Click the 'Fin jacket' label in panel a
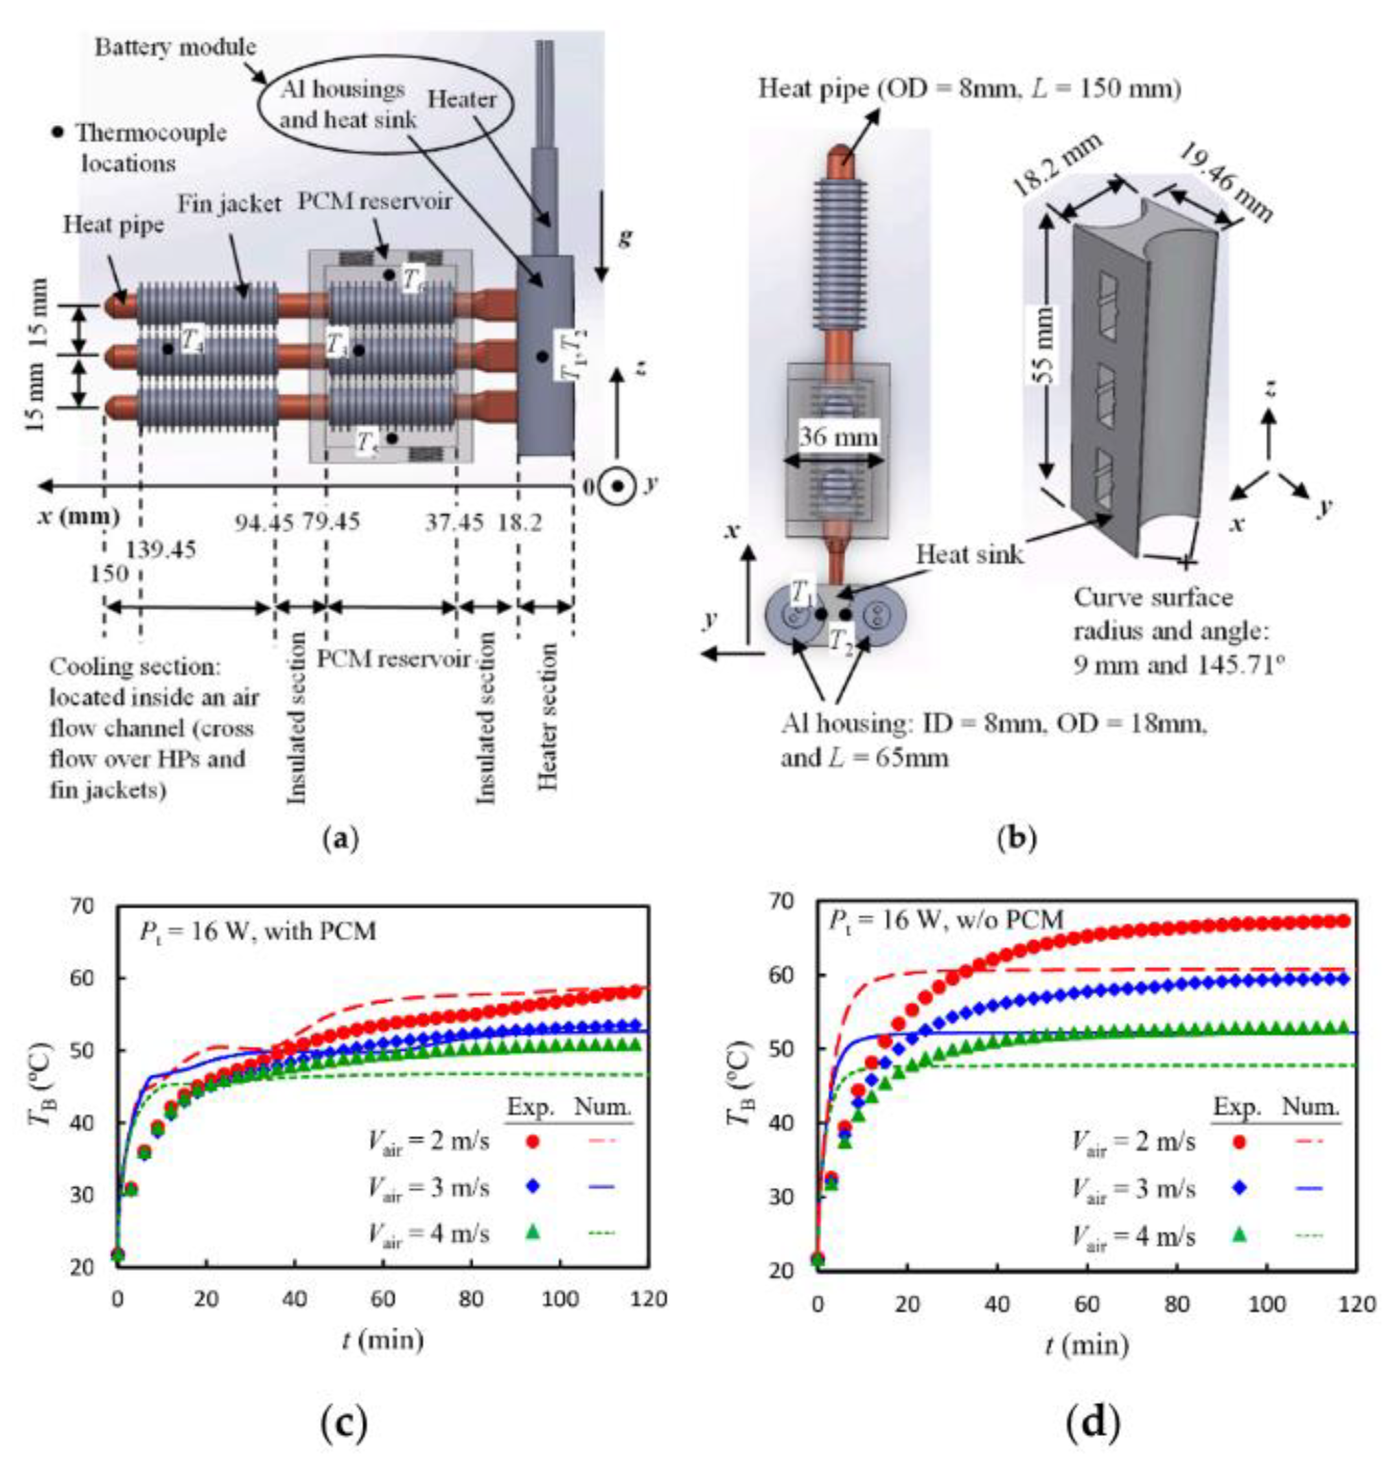pyautogui.click(x=229, y=203)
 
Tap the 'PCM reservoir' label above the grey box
pyautogui.click(x=375, y=201)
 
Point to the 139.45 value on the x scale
pyautogui.click(x=161, y=550)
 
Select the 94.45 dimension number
pyautogui.click(x=264, y=523)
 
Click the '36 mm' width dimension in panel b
pyautogui.click(x=838, y=436)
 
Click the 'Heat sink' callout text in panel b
pyautogui.click(x=969, y=554)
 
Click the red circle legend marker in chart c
pyautogui.click(x=532, y=1141)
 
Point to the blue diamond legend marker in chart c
pyautogui.click(x=532, y=1187)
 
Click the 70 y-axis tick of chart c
pyautogui.click(x=83, y=907)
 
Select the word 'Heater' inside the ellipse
pyautogui.click(x=462, y=99)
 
